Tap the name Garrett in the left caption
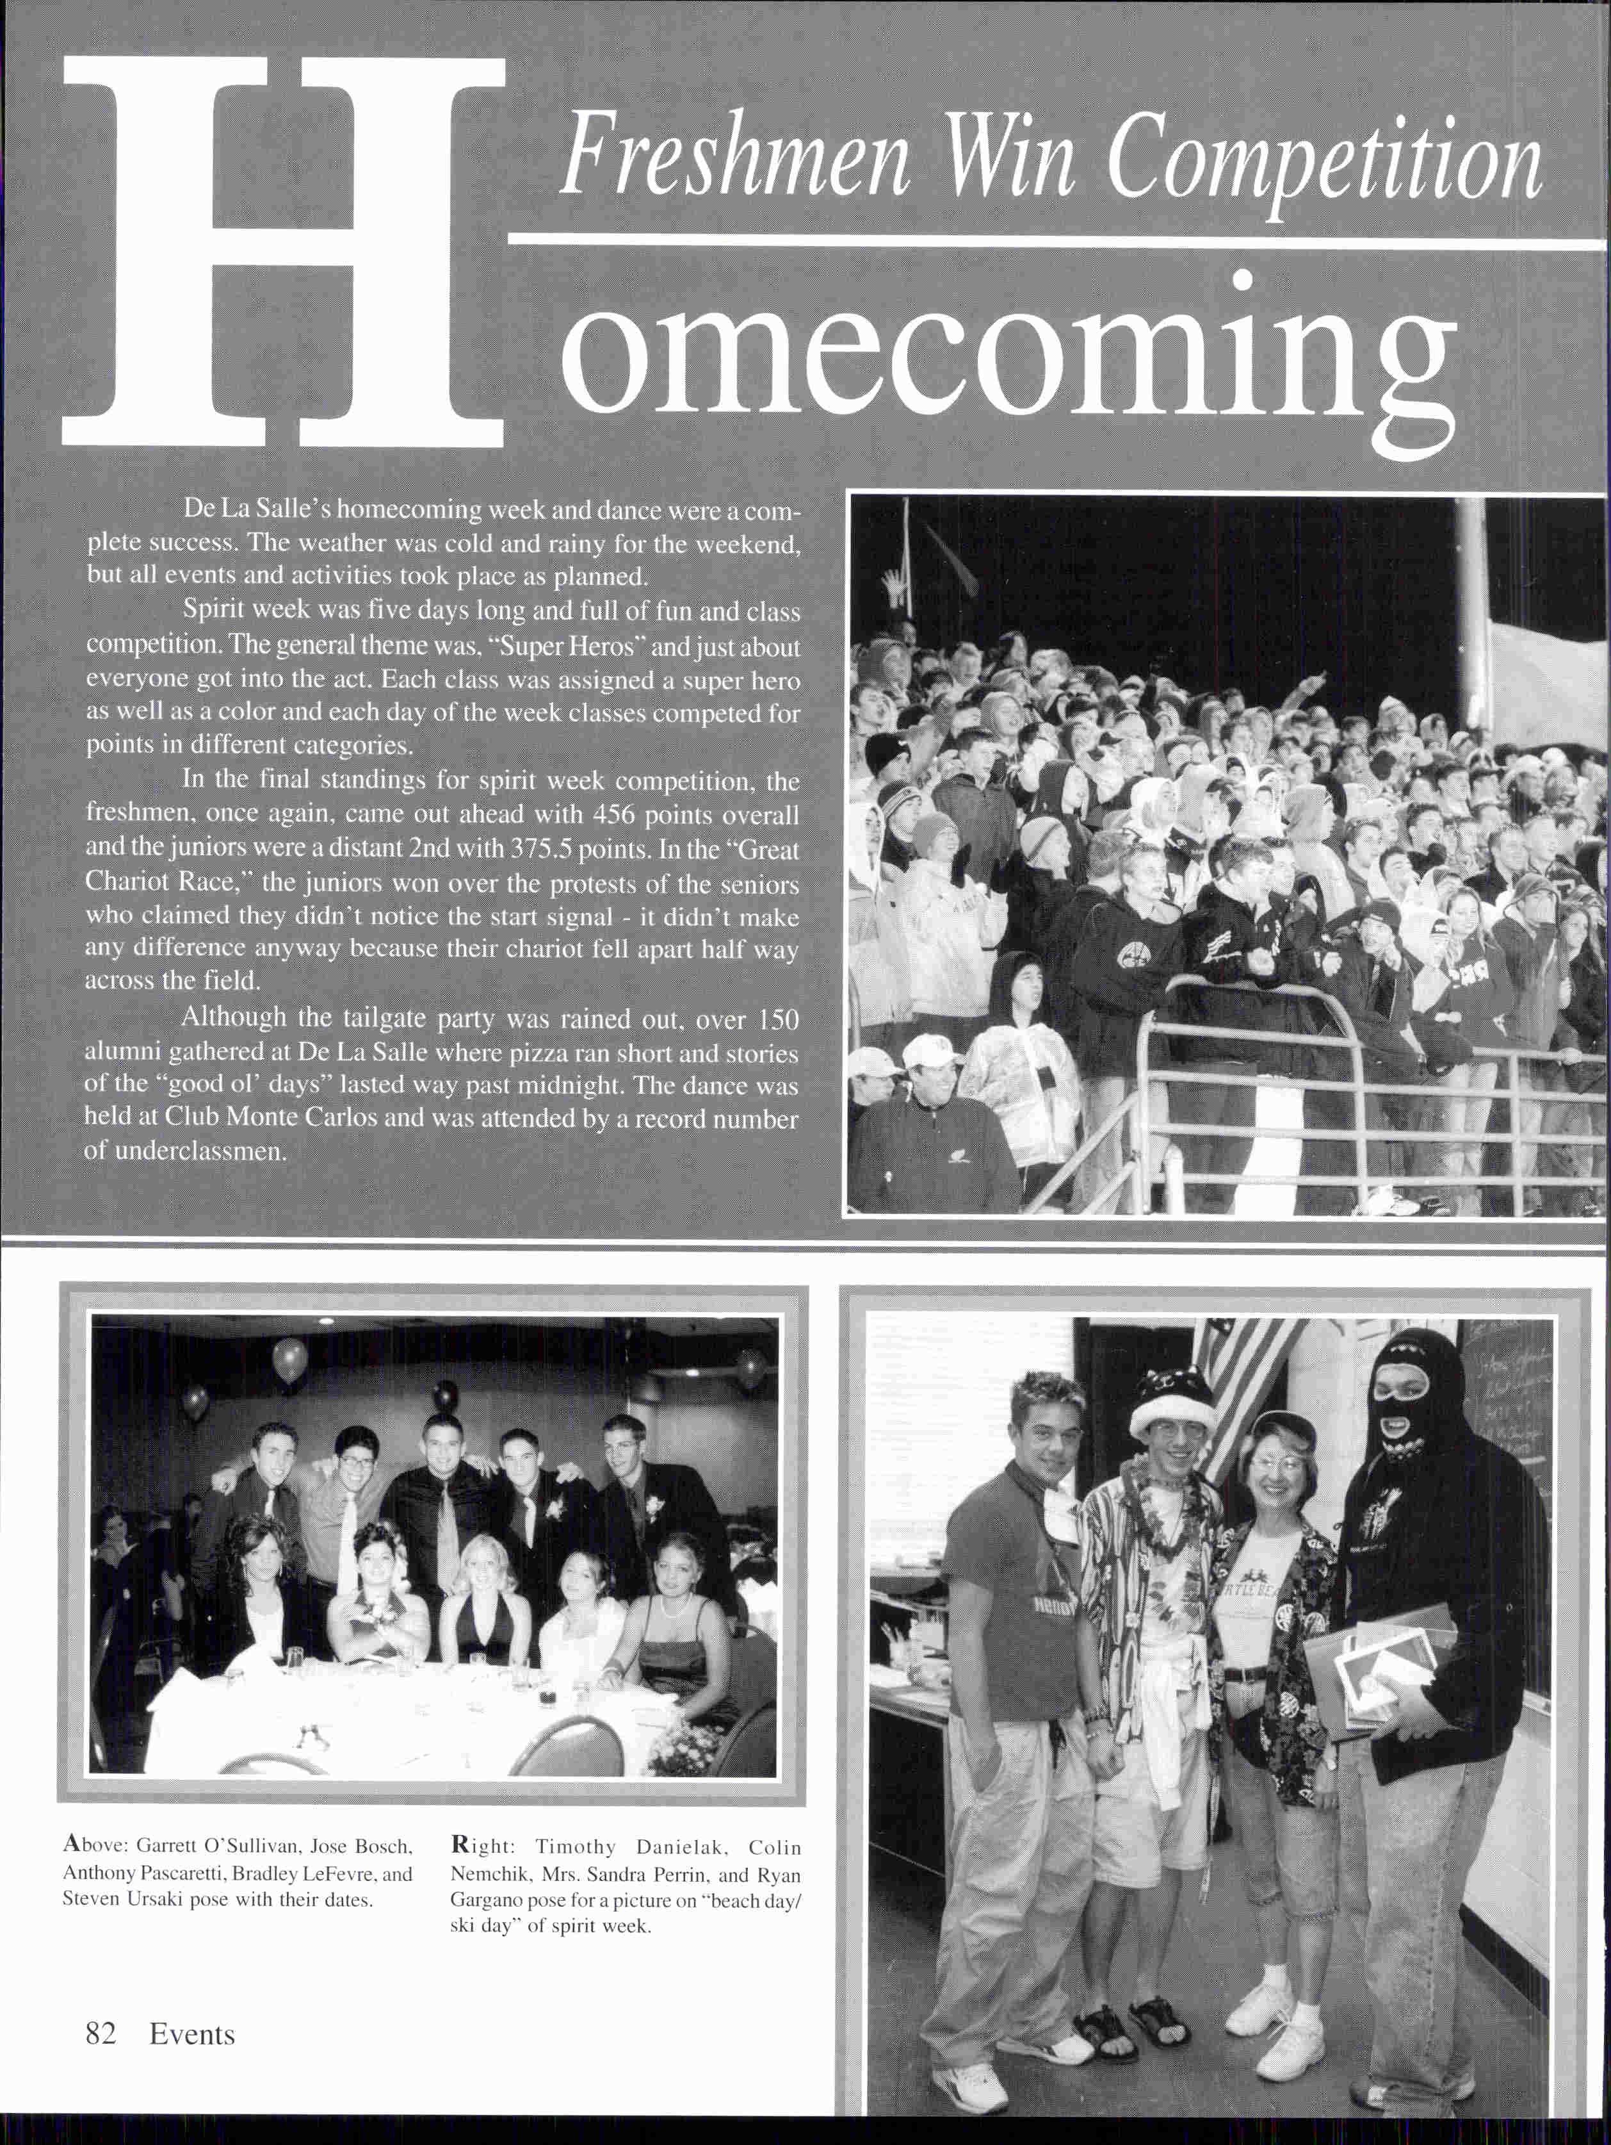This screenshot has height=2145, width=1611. (x=170, y=1846)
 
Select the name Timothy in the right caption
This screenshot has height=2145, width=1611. (x=576, y=1846)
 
